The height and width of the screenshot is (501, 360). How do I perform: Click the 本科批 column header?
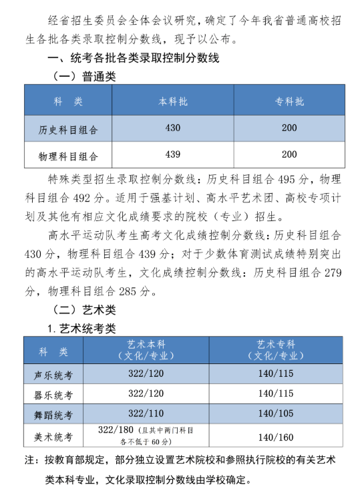tap(172, 102)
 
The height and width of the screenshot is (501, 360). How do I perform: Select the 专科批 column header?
tap(289, 102)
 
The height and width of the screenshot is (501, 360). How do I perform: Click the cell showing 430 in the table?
tap(172, 127)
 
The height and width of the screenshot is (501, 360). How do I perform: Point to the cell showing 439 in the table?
tap(172, 154)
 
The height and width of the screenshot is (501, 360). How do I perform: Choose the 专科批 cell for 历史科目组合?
tap(289, 127)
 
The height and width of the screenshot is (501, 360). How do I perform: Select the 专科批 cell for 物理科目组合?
tap(289, 154)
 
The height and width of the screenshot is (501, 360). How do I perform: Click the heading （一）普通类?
tap(83, 77)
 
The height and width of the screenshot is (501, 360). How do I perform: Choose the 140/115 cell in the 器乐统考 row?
tap(276, 393)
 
